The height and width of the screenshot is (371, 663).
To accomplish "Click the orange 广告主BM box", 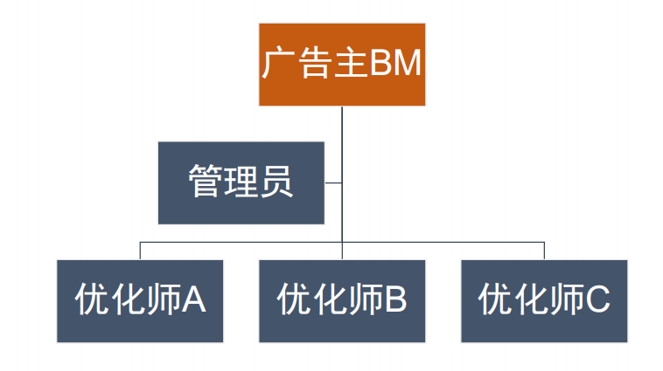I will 342,65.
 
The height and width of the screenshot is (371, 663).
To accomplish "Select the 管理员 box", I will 241,182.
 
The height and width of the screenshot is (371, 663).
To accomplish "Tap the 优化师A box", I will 140,300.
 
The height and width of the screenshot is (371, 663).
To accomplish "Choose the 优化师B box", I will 342,300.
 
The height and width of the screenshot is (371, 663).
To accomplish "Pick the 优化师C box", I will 544,300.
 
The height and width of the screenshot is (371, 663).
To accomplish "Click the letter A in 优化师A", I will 193,300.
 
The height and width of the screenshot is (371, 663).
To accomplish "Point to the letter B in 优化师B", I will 394,300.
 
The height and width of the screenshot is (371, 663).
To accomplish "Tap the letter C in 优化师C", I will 597,300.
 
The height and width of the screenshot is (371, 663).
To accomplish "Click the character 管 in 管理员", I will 205,182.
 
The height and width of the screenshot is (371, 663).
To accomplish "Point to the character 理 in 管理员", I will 241,182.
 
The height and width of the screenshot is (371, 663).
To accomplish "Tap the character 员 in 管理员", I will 276,182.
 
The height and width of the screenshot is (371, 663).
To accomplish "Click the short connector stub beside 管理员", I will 333,182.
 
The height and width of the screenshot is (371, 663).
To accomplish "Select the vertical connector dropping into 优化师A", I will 140,250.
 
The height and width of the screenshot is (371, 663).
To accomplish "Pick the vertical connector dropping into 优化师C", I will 544,250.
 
